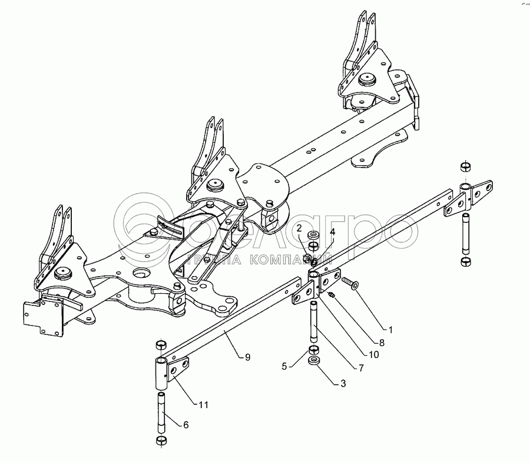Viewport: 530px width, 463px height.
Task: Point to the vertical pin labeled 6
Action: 160,415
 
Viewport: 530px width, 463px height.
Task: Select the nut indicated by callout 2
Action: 306,257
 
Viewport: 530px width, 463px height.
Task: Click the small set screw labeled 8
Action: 331,294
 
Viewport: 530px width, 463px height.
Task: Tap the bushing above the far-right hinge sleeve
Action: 465,166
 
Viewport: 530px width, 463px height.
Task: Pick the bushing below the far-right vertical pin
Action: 465,261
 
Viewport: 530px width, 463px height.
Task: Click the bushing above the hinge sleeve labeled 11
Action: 159,344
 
